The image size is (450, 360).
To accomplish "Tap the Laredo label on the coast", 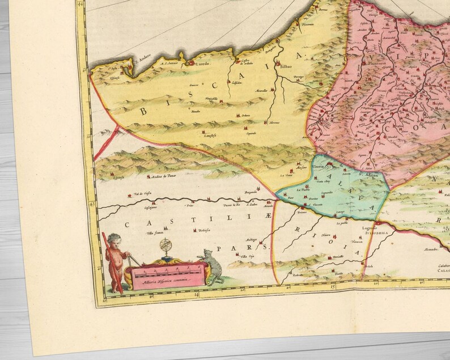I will point(205,65).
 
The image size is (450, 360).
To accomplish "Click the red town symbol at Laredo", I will point(192,63).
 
